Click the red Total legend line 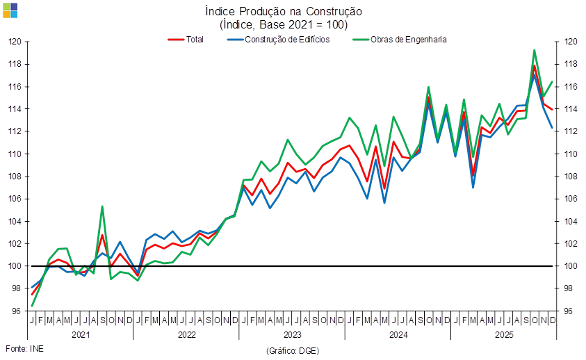pyautogui.click(x=175, y=40)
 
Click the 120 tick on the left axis pyautogui.click(x=16, y=41)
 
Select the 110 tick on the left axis pyautogui.click(x=16, y=154)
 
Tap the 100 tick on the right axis pyautogui.click(x=569, y=266)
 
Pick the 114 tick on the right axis pyautogui.click(x=569, y=109)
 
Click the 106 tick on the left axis pyautogui.click(x=16, y=199)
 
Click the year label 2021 pyautogui.click(x=81, y=334)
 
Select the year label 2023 pyautogui.click(x=292, y=334)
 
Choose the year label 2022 pyautogui.click(x=186, y=334)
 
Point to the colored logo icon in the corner pyautogui.click(x=10, y=10)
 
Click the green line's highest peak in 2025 pyautogui.click(x=534, y=50)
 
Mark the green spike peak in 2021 pyautogui.click(x=102, y=206)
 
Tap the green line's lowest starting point pyautogui.click(x=32, y=306)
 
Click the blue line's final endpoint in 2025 pyautogui.click(x=553, y=128)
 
